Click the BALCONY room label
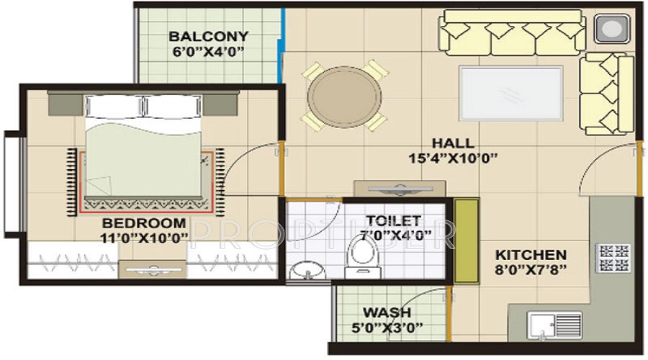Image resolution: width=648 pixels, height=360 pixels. tap(208, 36)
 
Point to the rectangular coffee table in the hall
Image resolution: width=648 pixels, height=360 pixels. tap(511, 91)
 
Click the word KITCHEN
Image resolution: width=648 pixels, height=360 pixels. tap(531, 255)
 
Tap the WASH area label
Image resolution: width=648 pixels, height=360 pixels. tap(387, 313)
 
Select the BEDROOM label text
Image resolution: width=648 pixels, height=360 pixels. tap(143, 223)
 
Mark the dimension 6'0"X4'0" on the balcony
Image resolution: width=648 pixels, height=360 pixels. tap(208, 51)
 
